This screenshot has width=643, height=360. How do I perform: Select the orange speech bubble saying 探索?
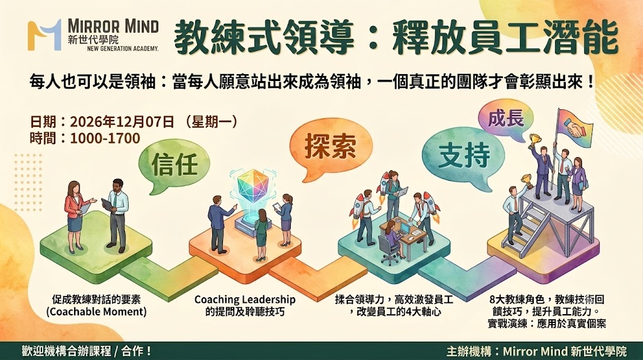330,148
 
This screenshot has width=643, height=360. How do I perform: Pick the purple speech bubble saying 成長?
505,118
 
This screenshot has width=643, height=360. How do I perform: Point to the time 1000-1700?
105,138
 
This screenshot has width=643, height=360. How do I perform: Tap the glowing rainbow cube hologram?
252,186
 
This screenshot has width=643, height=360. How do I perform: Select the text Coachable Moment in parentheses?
96,312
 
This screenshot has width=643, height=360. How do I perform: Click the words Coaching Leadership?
245,299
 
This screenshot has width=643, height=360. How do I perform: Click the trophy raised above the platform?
535,139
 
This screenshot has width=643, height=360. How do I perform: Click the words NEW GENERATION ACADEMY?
123,48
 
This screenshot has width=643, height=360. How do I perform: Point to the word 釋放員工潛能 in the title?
505,38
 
